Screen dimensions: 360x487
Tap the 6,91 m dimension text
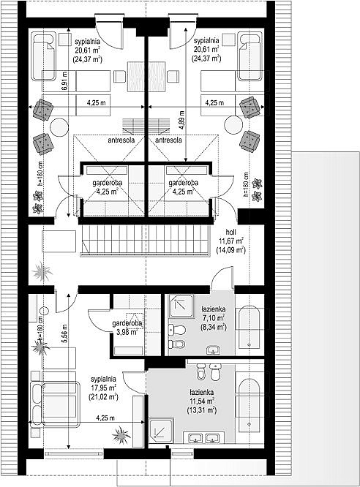coord(64,81)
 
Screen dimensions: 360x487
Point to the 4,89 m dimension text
coord(181,120)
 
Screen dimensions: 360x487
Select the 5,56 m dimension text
coord(64,334)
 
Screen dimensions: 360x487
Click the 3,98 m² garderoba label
coord(127,328)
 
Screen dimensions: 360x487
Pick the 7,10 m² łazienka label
coord(213,318)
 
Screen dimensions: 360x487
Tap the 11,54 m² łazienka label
coord(201,401)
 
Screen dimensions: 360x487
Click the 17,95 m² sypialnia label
coord(103,388)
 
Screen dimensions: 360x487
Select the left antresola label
coord(121,140)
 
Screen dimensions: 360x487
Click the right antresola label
coord(168,140)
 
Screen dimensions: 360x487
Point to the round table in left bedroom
coord(59,127)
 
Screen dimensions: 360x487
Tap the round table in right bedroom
coord(233,124)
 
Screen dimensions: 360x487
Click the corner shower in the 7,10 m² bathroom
coord(181,306)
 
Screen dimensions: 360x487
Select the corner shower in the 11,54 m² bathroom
coord(161,431)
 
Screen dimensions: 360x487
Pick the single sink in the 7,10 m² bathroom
coord(213,350)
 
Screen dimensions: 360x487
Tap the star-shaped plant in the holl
coord(42,271)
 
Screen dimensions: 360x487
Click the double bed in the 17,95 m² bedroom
coord(55,400)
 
